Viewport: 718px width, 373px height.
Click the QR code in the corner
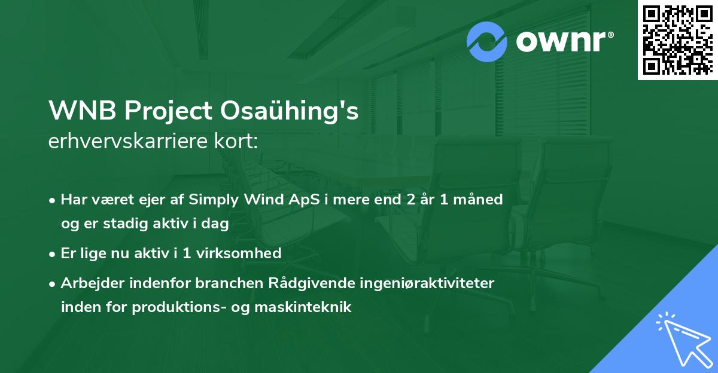click(677, 40)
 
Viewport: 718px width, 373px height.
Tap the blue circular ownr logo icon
click(487, 41)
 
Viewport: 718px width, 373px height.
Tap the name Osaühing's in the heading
click(290, 111)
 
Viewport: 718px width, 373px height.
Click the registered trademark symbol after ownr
click(610, 35)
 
